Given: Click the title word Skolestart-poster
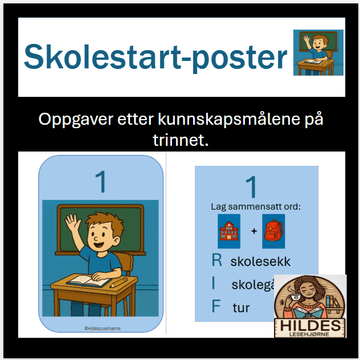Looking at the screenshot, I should point(156,57).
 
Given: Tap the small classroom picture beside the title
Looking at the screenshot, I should point(318,52).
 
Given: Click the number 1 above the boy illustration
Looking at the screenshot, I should point(101,183).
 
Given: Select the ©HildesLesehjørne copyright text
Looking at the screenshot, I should point(101,328).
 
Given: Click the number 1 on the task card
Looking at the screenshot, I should point(251,187).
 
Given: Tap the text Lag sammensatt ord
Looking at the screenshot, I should point(255,206).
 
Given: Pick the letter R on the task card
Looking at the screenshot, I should point(216,261).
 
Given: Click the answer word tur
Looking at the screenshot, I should point(241,308).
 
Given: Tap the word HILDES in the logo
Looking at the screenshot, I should point(310,325).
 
